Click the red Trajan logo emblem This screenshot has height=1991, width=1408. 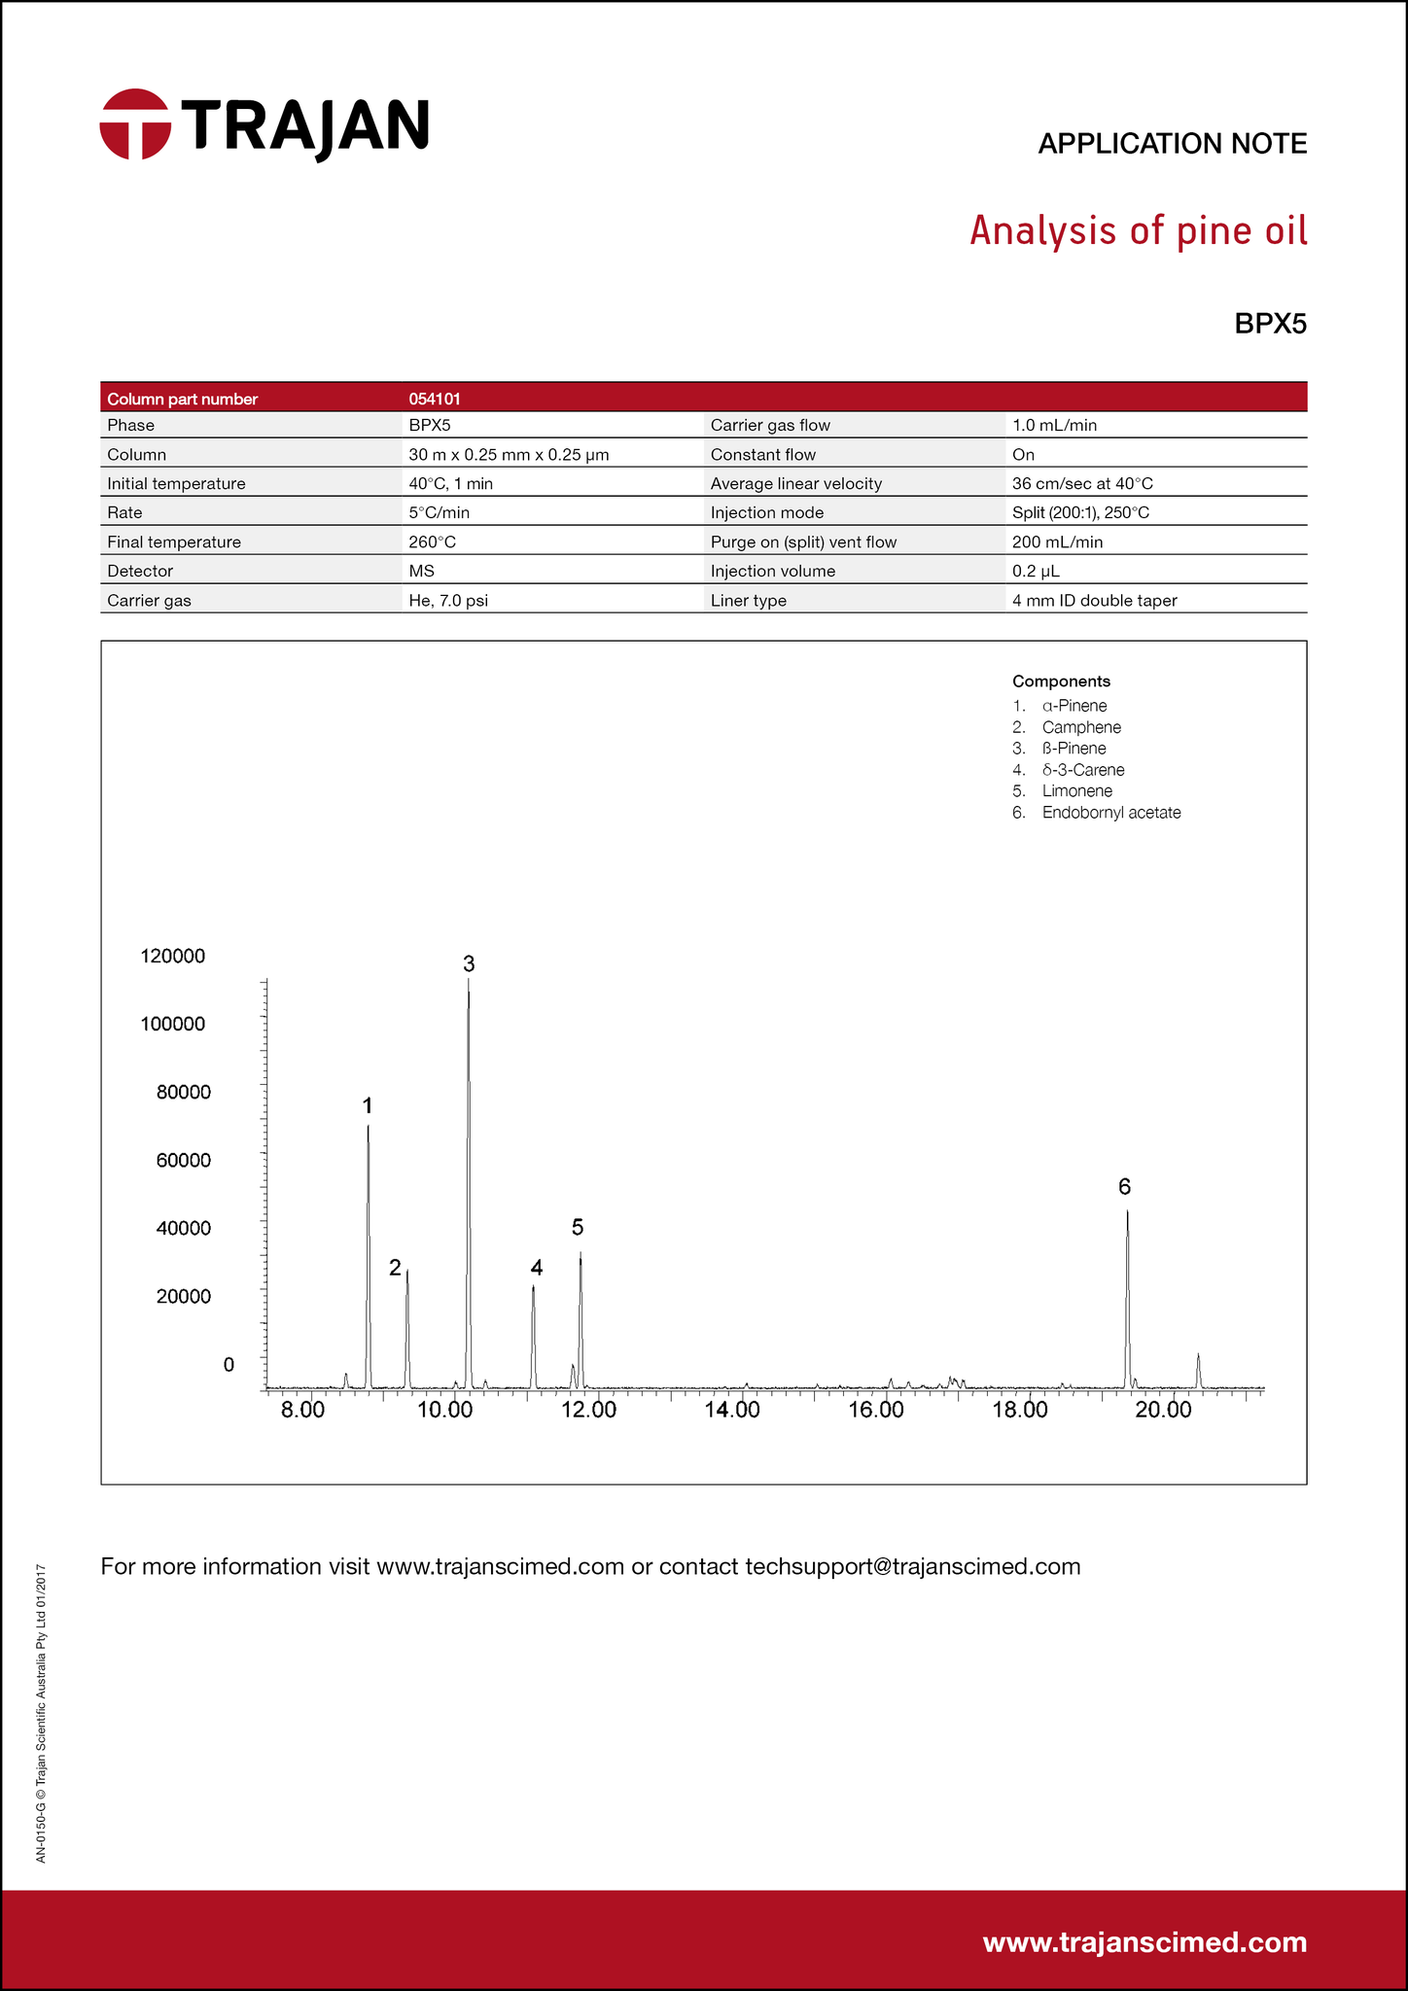click(135, 124)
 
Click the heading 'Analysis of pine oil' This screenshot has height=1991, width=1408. click(1138, 232)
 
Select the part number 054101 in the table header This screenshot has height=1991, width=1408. click(435, 399)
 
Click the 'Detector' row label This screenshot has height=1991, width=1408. click(140, 571)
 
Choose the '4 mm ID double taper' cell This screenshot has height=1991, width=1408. click(1094, 600)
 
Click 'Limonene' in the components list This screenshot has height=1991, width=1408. click(1076, 790)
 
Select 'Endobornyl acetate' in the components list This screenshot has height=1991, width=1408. click(1110, 812)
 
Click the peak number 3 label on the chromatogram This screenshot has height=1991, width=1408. click(469, 963)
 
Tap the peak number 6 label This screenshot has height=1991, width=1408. click(1124, 1186)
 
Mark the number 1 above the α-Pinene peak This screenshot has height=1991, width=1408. click(368, 1105)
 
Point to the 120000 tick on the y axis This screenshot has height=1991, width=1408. click(173, 956)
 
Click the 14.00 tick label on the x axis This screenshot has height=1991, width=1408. click(733, 1410)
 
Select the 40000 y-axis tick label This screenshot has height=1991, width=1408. click(183, 1228)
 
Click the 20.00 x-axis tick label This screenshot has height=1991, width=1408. click(1163, 1410)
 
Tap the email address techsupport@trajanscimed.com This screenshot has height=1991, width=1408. click(912, 1566)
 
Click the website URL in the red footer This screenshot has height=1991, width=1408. click(1144, 1942)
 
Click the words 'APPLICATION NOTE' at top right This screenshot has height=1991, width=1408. click(1172, 144)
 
